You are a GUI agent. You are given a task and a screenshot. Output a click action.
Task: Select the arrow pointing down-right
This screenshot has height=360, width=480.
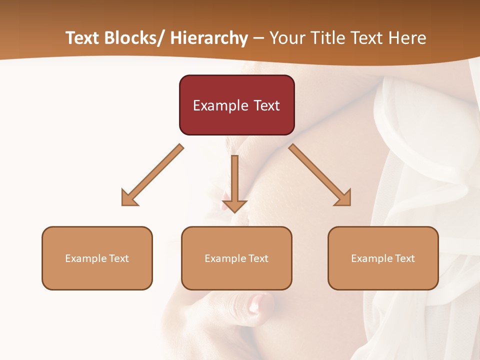coord(320,175)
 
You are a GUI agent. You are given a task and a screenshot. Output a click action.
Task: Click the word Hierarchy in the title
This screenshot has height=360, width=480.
coord(208,38)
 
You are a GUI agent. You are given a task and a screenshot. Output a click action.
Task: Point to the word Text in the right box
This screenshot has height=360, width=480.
coord(405,258)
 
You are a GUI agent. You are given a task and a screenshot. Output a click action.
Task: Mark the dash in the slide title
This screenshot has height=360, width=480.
coord(258,38)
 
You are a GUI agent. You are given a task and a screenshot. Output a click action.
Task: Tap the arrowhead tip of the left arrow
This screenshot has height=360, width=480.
coord(123,204)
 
